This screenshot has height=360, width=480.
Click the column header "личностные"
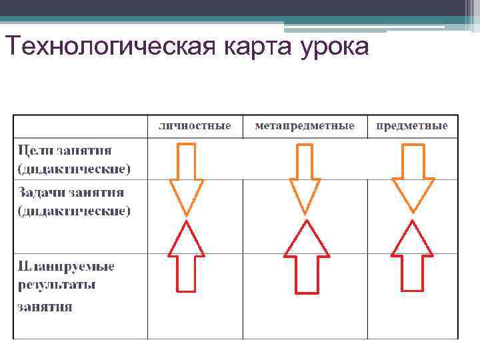(195, 126)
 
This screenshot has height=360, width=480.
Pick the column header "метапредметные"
(305, 126)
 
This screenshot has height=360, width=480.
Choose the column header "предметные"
(411, 126)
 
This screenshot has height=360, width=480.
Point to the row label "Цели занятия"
(65, 149)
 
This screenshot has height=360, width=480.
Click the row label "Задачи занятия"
(71, 192)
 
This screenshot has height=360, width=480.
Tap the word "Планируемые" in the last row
(66, 267)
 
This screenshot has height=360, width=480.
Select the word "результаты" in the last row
(57, 286)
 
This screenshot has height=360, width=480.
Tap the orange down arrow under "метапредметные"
(305, 177)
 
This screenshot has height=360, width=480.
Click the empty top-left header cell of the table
(81, 126)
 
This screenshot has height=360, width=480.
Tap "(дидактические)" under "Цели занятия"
(73, 169)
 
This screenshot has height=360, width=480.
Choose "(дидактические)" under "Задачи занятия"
(73, 211)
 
